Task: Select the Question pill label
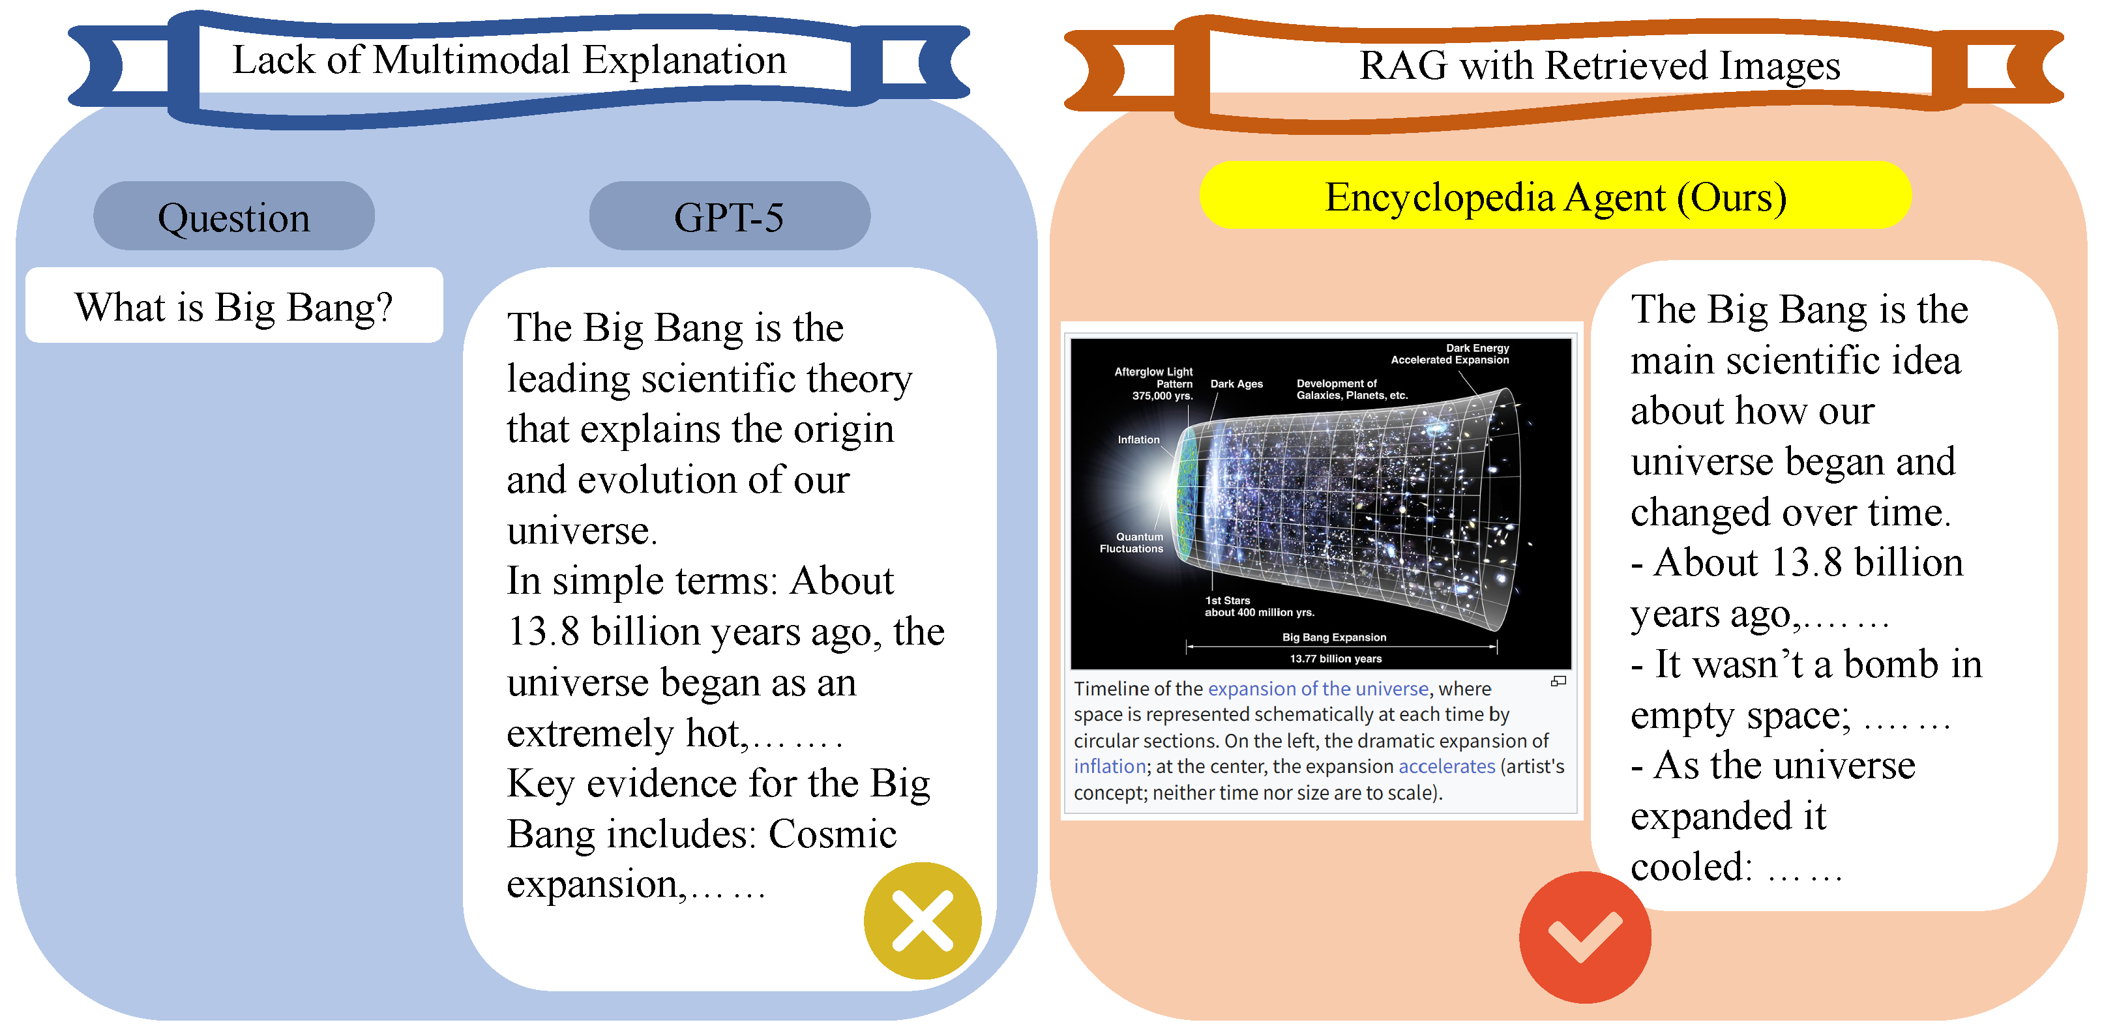(x=234, y=216)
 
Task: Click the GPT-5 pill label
(x=730, y=216)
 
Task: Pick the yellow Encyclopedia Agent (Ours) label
(x=1555, y=196)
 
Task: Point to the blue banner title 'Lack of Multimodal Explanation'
(x=509, y=59)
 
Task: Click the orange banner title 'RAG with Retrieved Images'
(x=1599, y=65)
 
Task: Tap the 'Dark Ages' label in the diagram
(x=1236, y=383)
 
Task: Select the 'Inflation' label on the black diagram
(x=1138, y=439)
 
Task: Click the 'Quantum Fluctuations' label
(x=1132, y=543)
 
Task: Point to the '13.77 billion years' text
(x=1336, y=658)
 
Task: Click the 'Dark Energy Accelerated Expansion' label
(x=1450, y=353)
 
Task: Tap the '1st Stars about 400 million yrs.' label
(x=1259, y=606)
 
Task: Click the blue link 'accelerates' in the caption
(x=1447, y=766)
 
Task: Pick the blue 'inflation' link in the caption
(x=1110, y=766)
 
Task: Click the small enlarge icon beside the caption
(x=1558, y=681)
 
